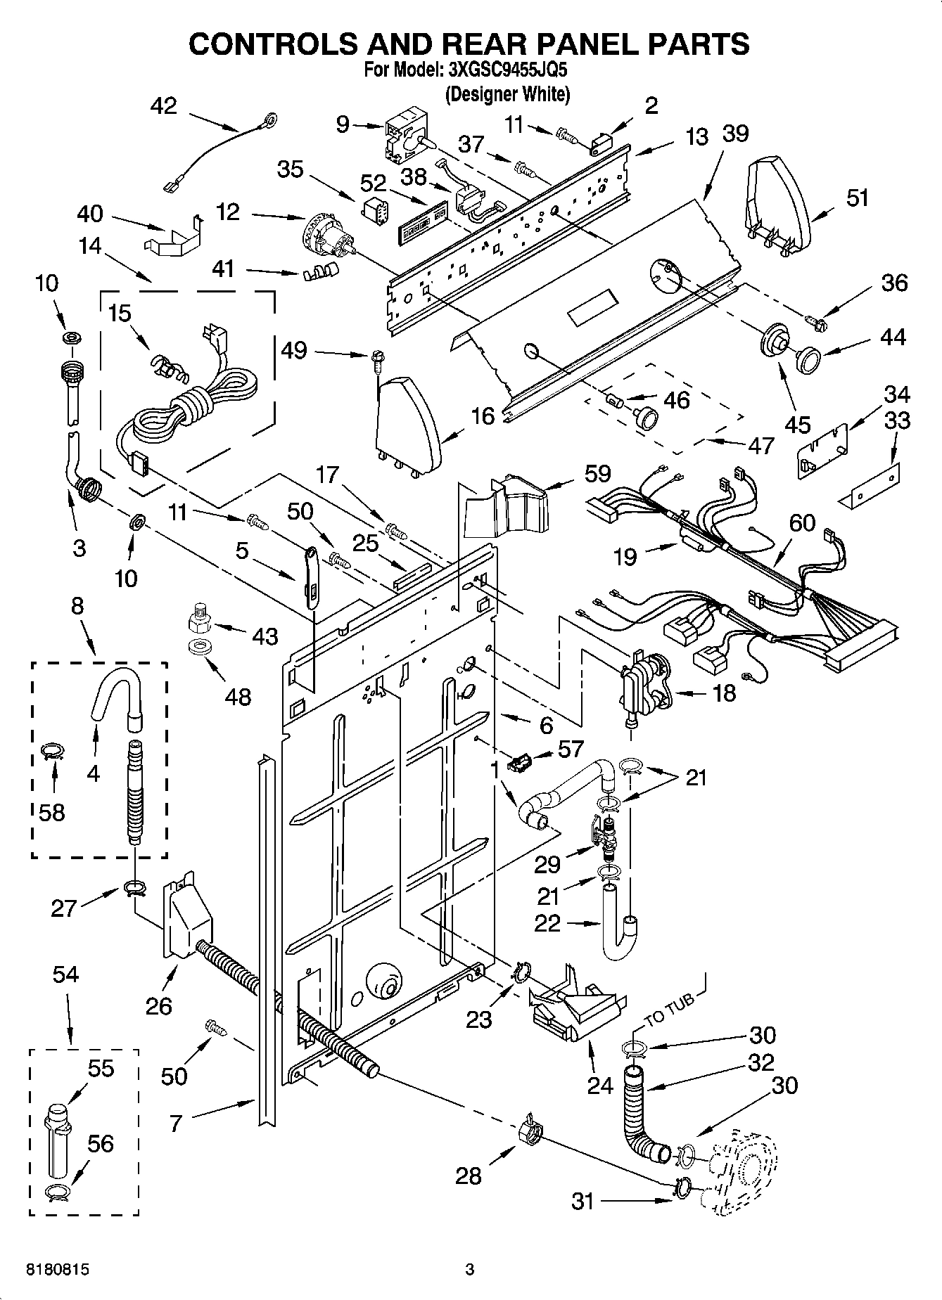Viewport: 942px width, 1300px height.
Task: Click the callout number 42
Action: [x=163, y=105]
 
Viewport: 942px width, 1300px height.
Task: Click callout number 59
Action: [x=597, y=473]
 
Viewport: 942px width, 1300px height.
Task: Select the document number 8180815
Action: [x=58, y=1270]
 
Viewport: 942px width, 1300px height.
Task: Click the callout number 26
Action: [x=159, y=1006]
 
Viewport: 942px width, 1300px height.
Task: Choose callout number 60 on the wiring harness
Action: [x=801, y=522]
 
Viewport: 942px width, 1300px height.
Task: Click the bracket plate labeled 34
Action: [x=822, y=449]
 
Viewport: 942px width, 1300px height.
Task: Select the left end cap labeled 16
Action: [x=408, y=422]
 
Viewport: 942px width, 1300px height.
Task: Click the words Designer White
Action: [x=507, y=94]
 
